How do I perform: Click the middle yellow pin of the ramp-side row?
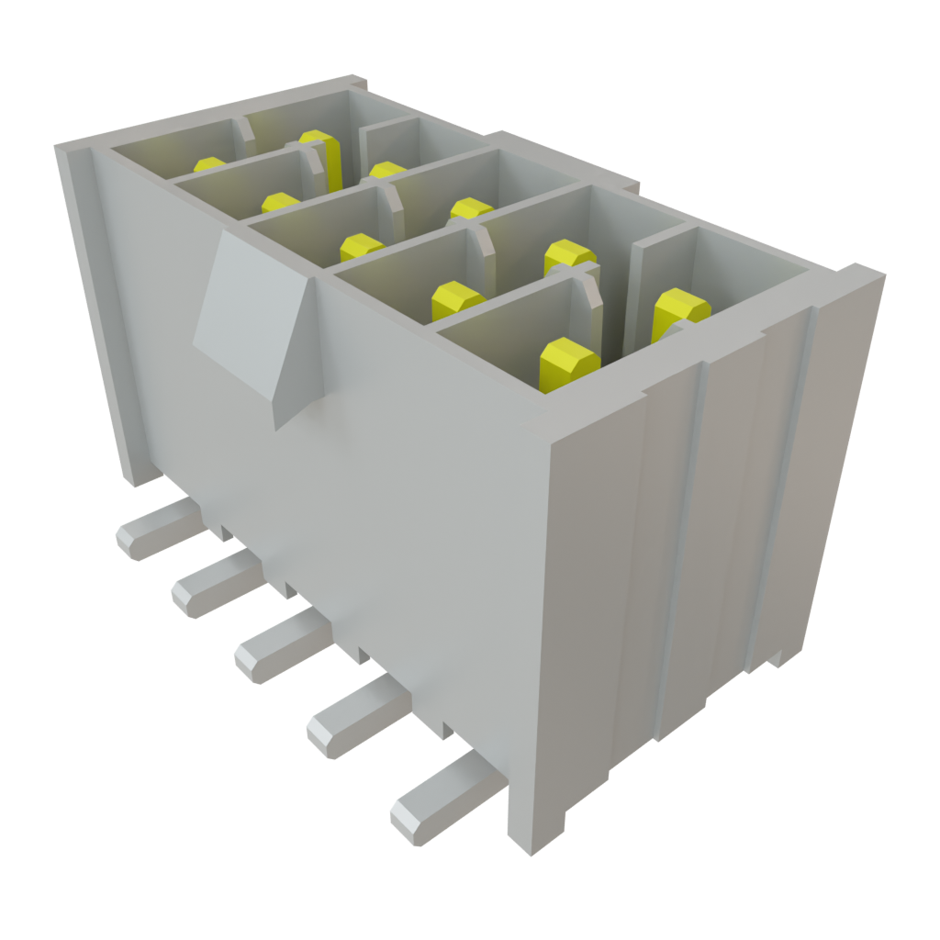point(361,246)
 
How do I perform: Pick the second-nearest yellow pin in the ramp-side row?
point(456,297)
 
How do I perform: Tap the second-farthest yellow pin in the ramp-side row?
point(279,201)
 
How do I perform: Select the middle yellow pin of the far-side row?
point(470,208)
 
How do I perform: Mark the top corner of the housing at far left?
point(59,147)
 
